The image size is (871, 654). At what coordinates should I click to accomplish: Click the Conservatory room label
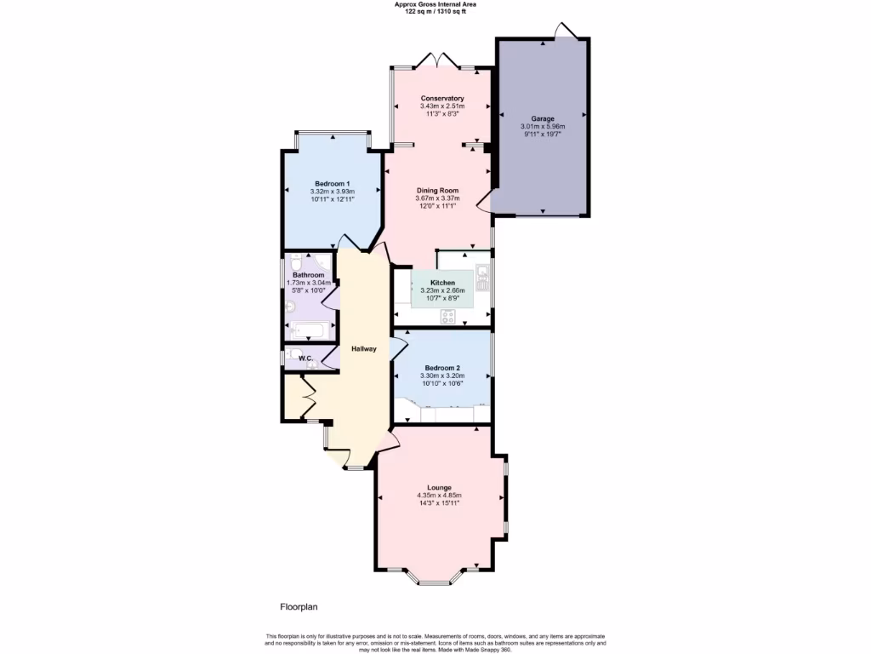click(442, 98)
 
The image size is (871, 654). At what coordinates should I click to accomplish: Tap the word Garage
click(543, 118)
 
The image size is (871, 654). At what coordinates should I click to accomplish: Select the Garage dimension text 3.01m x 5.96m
click(543, 127)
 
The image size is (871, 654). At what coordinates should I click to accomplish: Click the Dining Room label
click(437, 190)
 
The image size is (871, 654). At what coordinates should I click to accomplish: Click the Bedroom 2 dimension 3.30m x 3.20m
click(442, 376)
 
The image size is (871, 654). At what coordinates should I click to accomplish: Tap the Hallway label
click(364, 349)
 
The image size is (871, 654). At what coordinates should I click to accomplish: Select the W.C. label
click(305, 358)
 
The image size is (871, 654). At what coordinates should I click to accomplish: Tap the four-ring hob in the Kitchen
click(448, 318)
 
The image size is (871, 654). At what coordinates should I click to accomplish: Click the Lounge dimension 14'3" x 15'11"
click(439, 503)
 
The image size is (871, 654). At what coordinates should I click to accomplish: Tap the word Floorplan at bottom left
click(299, 607)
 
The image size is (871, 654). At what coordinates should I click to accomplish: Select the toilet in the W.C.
click(294, 354)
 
